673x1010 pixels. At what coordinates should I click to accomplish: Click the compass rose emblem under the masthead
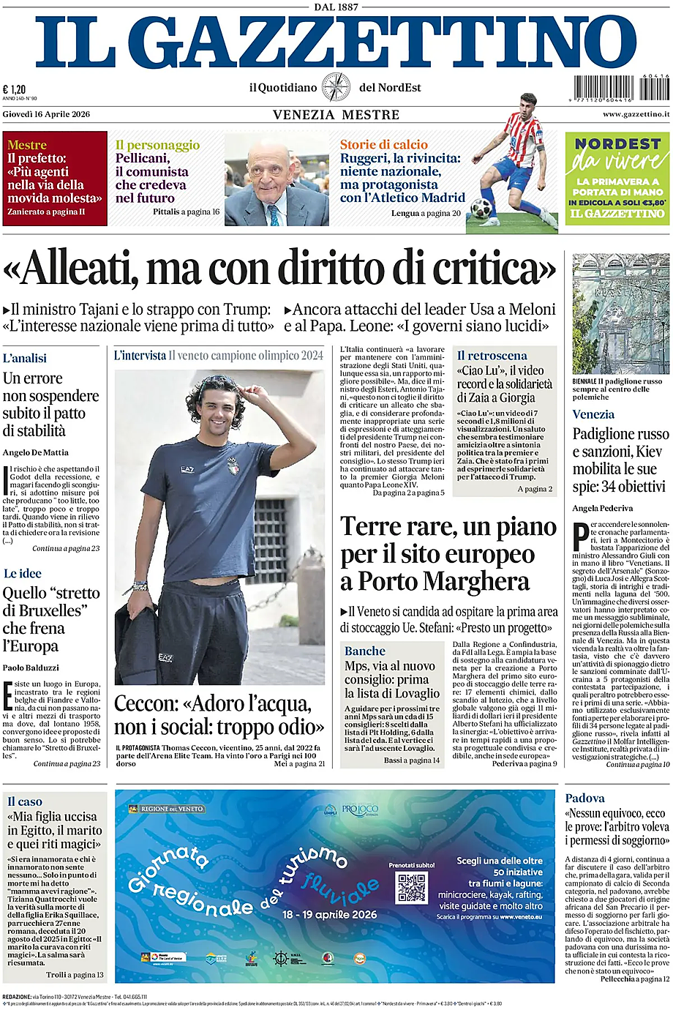336,88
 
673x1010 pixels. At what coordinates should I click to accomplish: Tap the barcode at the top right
622,88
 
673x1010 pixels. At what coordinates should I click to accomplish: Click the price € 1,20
14,89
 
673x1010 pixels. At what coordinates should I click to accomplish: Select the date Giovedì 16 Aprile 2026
46,114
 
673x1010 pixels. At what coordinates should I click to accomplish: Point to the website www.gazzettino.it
636,114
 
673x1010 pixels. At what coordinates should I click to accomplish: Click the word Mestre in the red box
27,145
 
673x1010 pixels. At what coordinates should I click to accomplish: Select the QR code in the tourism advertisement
411,888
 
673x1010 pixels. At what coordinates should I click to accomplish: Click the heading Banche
365,651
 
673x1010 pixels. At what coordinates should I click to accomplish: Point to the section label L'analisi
25,358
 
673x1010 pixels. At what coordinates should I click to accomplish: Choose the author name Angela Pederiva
603,508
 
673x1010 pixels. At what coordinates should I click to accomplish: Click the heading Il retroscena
492,355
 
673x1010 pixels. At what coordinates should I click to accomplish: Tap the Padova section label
585,798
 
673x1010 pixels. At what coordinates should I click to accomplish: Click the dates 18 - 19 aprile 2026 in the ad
330,914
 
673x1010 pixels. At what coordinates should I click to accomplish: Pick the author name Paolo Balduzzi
31,667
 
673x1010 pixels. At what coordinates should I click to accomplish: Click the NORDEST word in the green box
617,144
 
